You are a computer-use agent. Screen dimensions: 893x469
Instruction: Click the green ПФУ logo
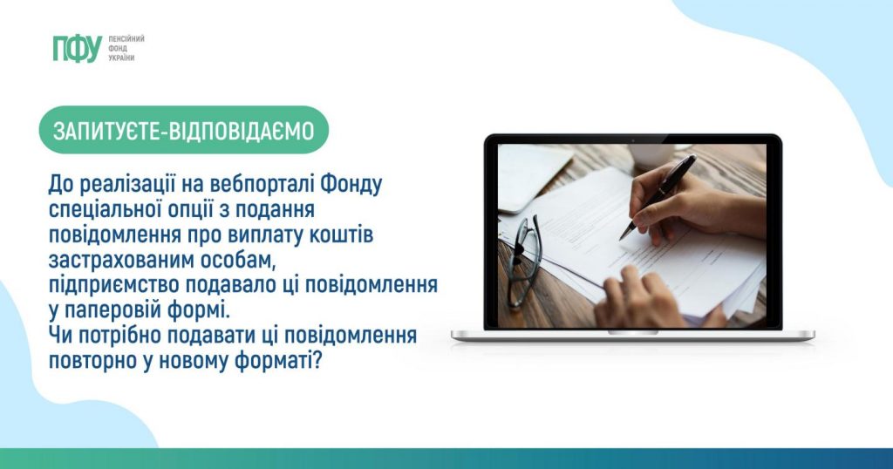click(x=77, y=48)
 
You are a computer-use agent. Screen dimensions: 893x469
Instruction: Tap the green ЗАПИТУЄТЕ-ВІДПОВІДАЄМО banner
click(x=184, y=131)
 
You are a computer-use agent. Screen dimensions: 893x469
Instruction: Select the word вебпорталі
click(x=262, y=185)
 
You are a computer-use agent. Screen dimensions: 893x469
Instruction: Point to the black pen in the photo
click(x=658, y=196)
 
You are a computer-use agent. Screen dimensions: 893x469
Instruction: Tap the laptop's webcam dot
click(x=633, y=139)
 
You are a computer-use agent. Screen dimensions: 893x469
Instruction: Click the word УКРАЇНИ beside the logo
click(x=121, y=58)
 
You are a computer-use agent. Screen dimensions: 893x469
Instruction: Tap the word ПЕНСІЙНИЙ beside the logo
click(x=126, y=38)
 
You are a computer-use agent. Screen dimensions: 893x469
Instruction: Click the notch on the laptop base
click(x=633, y=332)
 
